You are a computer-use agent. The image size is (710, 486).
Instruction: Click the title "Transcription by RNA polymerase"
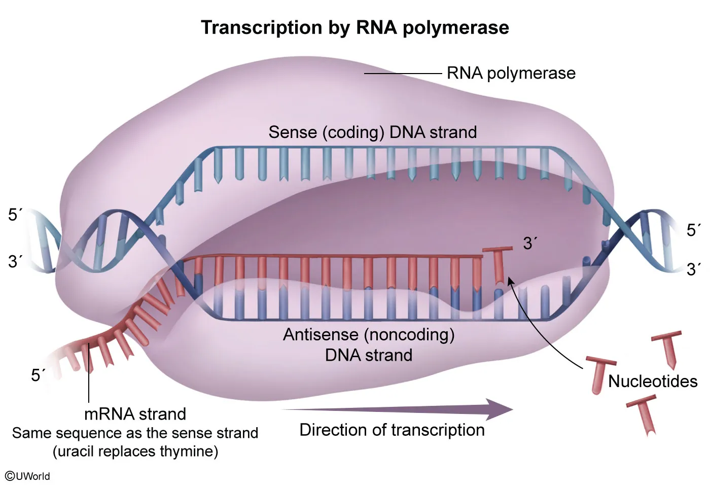tap(355, 27)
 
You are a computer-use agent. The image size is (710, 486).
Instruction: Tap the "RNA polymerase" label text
tap(511, 74)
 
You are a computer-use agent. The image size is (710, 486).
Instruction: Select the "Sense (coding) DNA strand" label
tap(373, 132)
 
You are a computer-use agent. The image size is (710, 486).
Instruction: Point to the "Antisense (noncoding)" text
tap(369, 334)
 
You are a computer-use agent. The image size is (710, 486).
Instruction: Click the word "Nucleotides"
tap(653, 381)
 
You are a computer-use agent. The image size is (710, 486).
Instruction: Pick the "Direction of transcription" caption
tap(392, 430)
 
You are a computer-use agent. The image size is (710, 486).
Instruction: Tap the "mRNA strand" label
tap(135, 414)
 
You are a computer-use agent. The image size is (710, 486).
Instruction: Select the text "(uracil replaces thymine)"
tap(135, 451)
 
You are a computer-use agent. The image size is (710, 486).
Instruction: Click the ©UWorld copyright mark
tap(27, 476)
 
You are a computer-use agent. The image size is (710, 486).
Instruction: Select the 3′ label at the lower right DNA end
tap(694, 269)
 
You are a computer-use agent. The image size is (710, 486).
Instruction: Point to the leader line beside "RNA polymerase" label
tap(403, 74)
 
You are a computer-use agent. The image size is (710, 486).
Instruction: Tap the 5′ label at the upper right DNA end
tap(694, 230)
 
